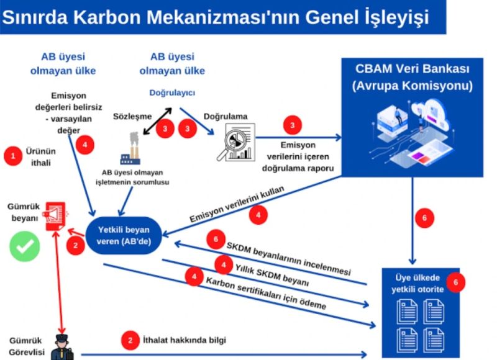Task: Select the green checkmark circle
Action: click(x=24, y=246)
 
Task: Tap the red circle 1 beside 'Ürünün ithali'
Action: click(x=13, y=155)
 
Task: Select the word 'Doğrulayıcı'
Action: click(x=172, y=93)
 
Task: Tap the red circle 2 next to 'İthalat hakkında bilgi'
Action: click(x=130, y=340)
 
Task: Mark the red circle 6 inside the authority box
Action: click(x=456, y=282)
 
